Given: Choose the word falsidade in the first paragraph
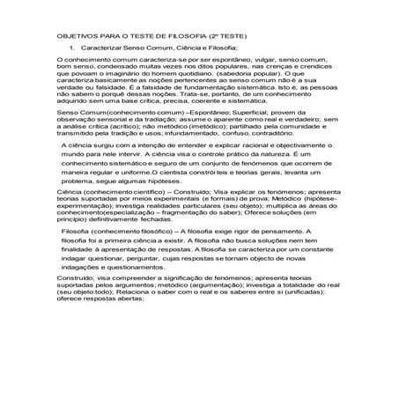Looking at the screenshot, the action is click(x=102, y=98).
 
